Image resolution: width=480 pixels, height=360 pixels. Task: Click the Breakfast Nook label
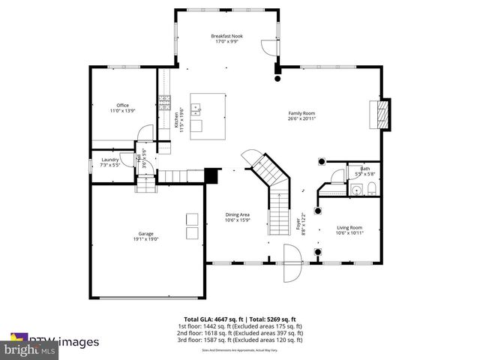(226, 36)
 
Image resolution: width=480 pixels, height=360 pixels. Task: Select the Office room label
(122, 105)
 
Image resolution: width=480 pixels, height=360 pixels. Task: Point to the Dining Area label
(237, 215)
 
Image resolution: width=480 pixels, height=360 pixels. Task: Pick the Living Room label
(349, 227)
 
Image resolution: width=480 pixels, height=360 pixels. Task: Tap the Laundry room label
(110, 160)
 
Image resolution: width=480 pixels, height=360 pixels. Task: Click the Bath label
(364, 169)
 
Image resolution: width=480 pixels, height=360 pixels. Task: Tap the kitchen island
(207, 116)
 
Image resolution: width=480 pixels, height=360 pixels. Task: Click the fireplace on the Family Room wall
(381, 115)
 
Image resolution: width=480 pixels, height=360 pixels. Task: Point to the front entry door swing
(292, 263)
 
